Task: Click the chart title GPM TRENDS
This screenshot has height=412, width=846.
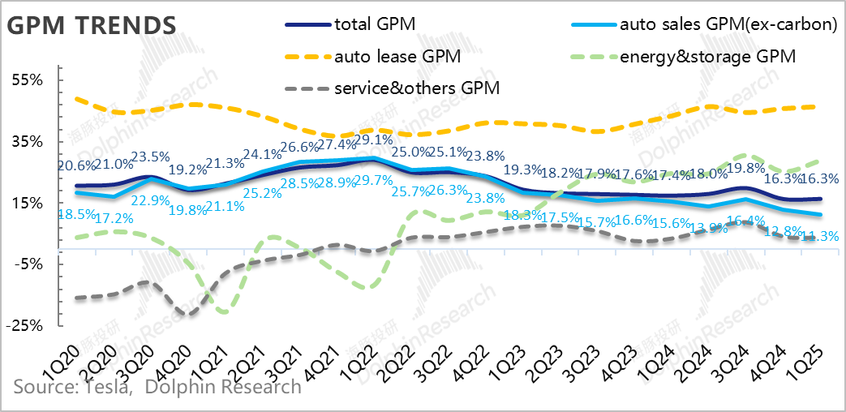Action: pyautogui.click(x=91, y=25)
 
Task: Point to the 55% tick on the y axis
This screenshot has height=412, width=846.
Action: pyautogui.click(x=28, y=80)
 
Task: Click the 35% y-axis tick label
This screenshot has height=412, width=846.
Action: pyautogui.click(x=28, y=141)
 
